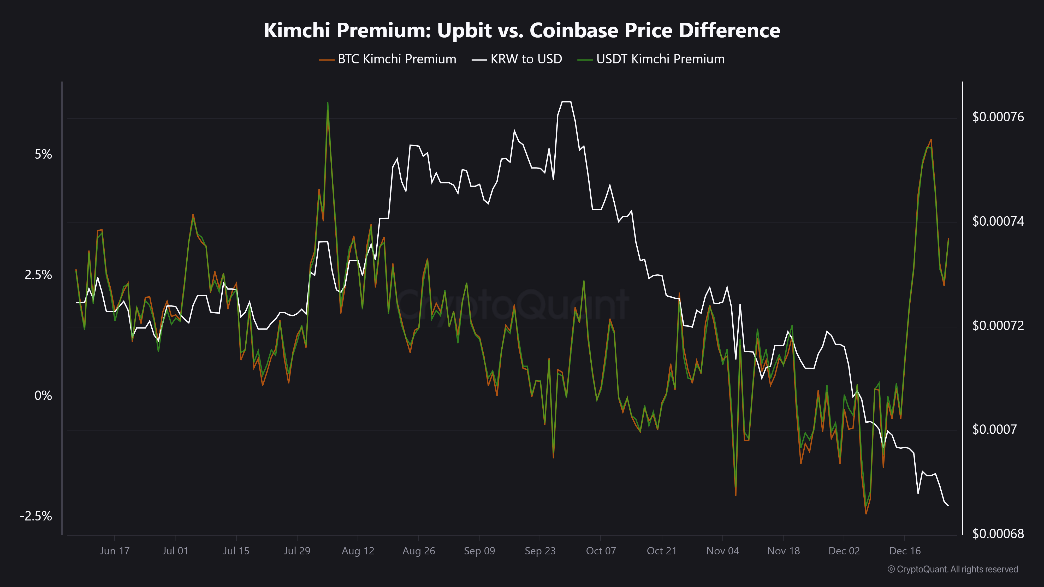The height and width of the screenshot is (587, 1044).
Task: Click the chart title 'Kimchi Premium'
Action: coord(521,30)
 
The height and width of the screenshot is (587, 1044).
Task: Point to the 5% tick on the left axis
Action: coord(43,154)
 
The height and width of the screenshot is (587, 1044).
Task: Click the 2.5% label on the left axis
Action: coord(39,275)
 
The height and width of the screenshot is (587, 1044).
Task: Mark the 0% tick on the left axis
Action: coord(43,396)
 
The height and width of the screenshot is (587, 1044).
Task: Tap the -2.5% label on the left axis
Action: coord(36,516)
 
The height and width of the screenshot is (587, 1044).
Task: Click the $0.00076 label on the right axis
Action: coord(998,117)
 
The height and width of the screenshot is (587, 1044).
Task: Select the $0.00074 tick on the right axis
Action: coord(998,221)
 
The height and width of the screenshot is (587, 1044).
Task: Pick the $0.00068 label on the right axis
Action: coord(998,534)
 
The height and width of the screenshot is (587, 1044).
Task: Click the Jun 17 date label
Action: coord(115,551)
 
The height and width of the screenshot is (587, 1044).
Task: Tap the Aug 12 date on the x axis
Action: coord(358,551)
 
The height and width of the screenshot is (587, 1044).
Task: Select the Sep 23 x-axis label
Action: coord(540,551)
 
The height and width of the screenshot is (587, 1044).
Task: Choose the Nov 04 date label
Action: coord(723,551)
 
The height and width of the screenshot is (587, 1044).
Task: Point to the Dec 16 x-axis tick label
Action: coord(905,551)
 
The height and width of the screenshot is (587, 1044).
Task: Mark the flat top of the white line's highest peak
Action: coord(566,102)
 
